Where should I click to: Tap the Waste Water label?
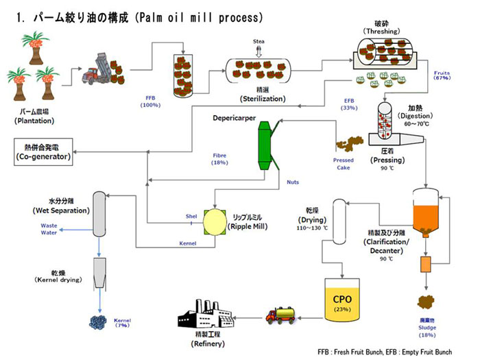pos(49,230)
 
